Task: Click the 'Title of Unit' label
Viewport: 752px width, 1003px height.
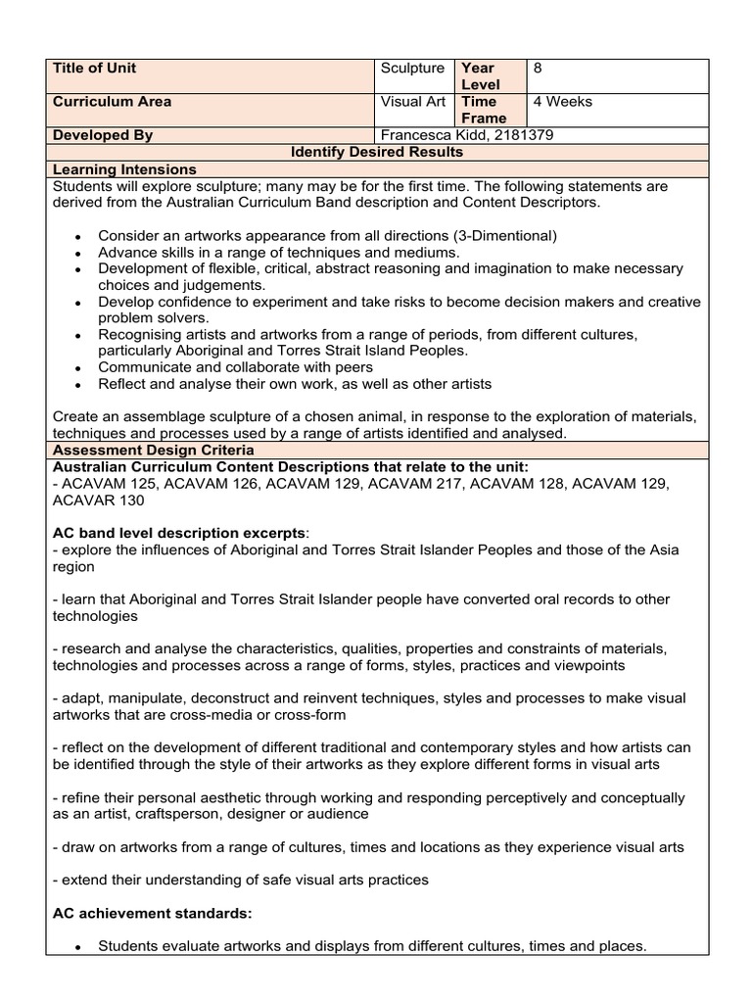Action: (x=95, y=69)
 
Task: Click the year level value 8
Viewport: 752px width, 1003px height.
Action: (x=538, y=69)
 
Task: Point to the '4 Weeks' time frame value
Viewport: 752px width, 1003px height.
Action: (x=562, y=102)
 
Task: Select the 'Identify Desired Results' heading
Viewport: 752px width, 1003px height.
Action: (x=378, y=152)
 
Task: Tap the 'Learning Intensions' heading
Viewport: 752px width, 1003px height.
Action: (x=124, y=169)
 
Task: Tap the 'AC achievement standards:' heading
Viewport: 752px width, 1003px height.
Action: (x=152, y=913)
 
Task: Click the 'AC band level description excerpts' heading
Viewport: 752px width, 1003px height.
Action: (x=178, y=533)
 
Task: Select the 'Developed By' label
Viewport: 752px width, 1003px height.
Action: (x=102, y=135)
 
